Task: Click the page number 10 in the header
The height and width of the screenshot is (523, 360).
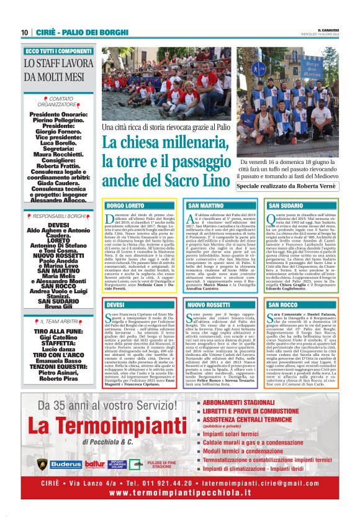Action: (24, 32)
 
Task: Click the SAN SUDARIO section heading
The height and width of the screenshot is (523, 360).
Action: (286, 205)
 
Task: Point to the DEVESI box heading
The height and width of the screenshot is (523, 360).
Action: (115, 305)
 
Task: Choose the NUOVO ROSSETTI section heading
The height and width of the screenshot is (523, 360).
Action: (209, 305)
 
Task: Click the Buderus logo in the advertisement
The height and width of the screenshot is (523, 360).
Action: (66, 464)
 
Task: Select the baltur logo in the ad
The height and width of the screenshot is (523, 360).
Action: (95, 464)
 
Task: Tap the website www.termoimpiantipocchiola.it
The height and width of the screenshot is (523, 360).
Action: (179, 493)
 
